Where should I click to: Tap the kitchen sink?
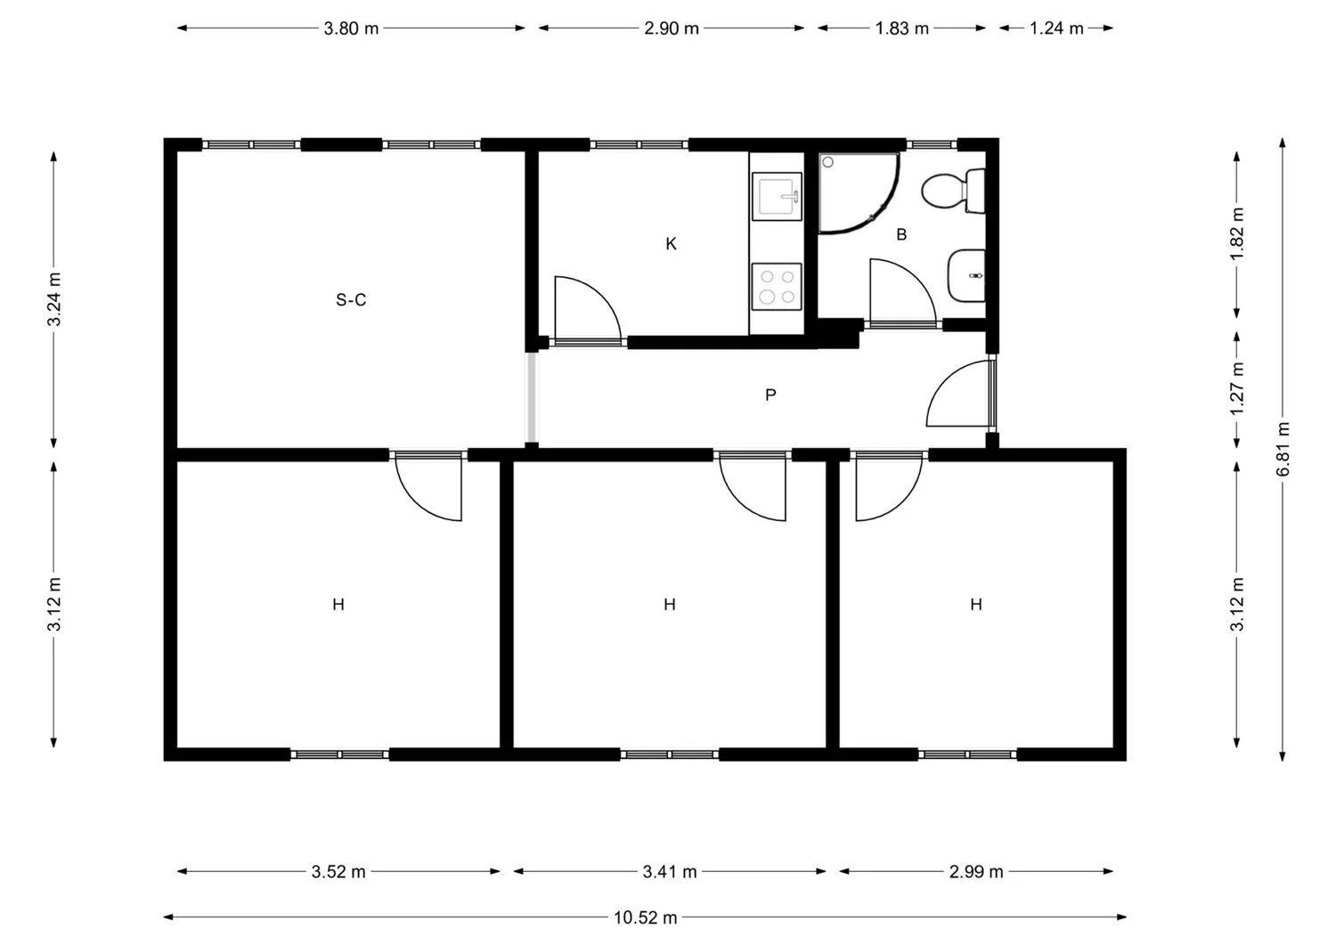[777, 196]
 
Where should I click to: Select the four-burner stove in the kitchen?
[777, 287]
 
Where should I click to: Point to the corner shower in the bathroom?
[858, 192]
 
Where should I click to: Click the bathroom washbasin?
[966, 275]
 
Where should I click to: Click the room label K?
[671, 243]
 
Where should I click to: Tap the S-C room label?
[351, 299]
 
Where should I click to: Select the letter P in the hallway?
[770, 395]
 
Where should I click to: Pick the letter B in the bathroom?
[901, 234]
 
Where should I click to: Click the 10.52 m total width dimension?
[646, 917]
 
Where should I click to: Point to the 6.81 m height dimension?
[1283, 449]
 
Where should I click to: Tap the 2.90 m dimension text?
[671, 28]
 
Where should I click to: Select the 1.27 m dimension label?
[1237, 389]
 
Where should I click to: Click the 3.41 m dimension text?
[669, 872]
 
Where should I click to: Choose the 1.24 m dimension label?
[1056, 28]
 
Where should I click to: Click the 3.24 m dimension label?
[54, 299]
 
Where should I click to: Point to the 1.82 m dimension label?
[1237, 234]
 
